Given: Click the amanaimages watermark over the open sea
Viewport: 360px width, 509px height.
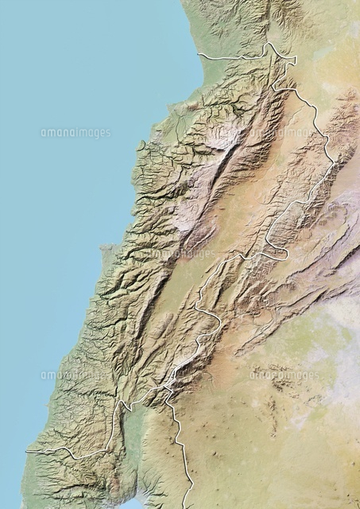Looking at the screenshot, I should pyautogui.click(x=75, y=133).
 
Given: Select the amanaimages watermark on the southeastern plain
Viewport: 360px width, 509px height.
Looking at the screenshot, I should pyautogui.click(x=284, y=375).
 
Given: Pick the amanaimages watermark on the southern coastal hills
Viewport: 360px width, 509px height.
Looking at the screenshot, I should pyautogui.click(x=75, y=375).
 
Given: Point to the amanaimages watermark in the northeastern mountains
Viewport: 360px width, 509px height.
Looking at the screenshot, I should pyautogui.click(x=296, y=133).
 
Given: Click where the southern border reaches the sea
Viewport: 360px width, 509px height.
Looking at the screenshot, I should pyautogui.click(x=28, y=451).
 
